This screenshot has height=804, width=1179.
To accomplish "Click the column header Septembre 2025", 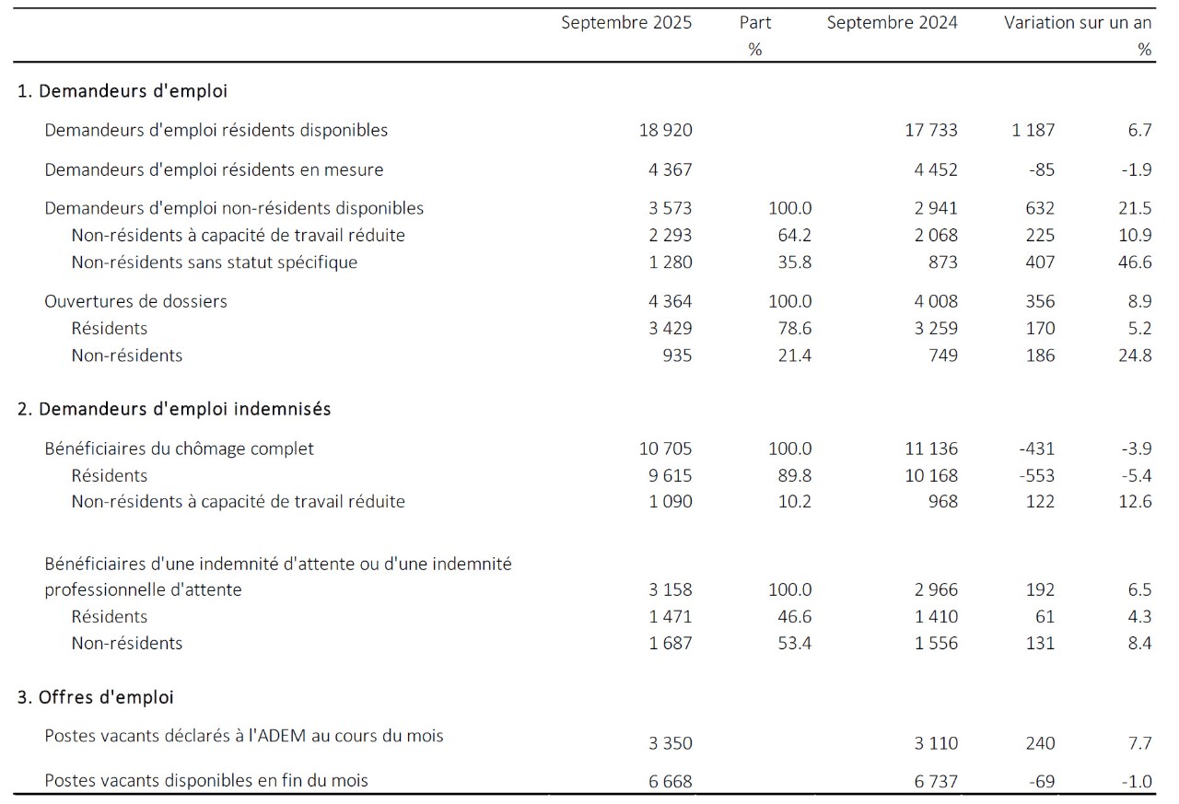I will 626,23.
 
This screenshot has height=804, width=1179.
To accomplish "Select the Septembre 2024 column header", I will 892,23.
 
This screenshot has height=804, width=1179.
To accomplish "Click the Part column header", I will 755,23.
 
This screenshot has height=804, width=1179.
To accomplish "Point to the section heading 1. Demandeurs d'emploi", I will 123,91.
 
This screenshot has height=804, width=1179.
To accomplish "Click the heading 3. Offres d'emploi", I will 96,697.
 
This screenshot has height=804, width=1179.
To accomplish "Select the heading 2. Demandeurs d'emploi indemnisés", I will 174,409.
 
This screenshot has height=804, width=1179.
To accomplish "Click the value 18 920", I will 665,131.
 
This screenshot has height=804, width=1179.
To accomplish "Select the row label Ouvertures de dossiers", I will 135,301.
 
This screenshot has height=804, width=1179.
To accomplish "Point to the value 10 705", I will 665,449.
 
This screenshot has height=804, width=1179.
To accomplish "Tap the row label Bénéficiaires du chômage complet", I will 179,449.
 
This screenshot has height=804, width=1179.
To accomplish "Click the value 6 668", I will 670,782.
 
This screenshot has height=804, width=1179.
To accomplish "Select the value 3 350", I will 670,744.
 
